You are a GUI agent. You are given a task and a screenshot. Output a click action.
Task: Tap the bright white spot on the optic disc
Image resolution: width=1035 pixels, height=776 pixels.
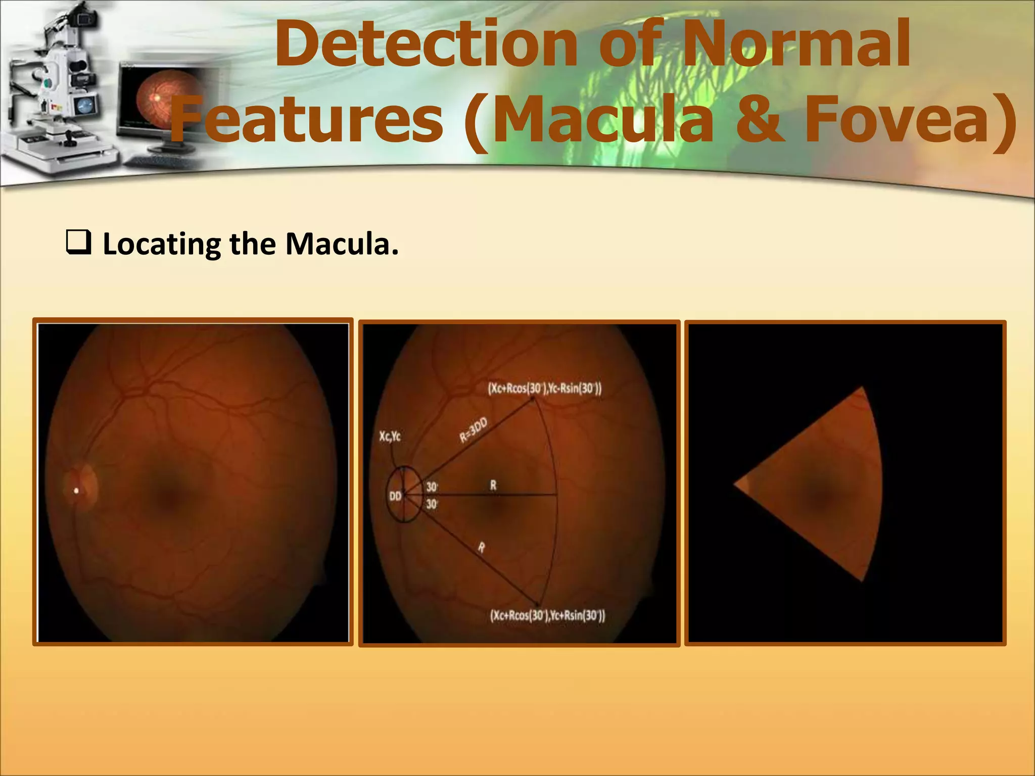tap(77, 490)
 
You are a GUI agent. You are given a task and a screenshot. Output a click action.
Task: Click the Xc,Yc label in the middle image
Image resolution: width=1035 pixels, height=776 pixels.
tap(390, 436)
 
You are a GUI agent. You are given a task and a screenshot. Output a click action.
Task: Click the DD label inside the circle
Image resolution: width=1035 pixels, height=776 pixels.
tap(395, 496)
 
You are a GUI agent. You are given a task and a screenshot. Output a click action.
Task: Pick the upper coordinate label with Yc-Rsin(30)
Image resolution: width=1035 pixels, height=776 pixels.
tap(545, 389)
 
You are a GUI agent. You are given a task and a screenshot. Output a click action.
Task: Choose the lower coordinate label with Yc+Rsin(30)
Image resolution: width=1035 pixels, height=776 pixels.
tap(547, 615)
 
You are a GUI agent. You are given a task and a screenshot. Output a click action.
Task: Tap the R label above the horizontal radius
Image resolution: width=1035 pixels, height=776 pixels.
tap(493, 486)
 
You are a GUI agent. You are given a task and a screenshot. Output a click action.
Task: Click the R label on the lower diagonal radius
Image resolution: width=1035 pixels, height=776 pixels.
tap(482, 547)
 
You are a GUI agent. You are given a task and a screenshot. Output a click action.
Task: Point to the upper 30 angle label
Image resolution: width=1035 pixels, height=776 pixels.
tap(432, 487)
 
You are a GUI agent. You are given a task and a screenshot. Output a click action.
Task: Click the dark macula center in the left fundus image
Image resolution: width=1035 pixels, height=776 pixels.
tap(168, 498)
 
